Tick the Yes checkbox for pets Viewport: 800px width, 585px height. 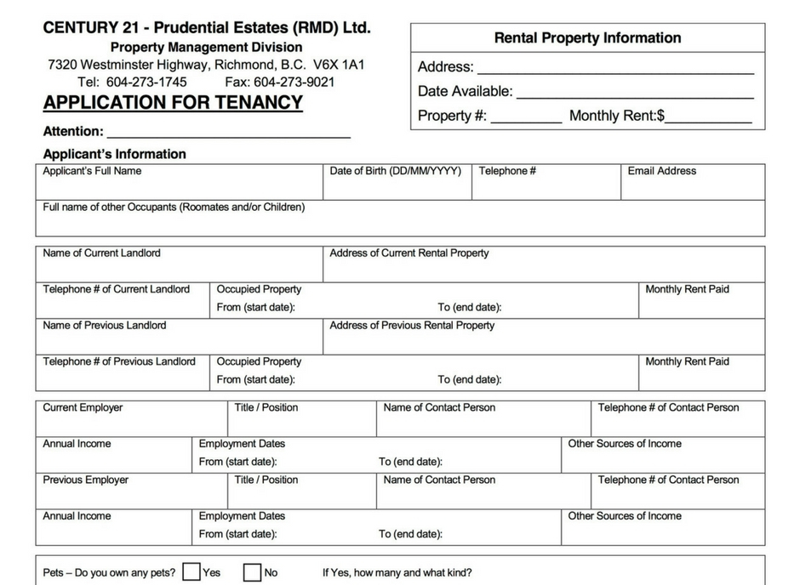click(x=191, y=572)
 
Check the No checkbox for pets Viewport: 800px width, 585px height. click(x=252, y=572)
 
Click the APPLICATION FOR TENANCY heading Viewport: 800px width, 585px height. click(x=173, y=103)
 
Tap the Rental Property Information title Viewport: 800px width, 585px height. click(x=587, y=38)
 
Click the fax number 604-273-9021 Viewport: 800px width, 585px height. click(x=294, y=82)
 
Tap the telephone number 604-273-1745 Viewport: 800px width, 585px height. click(x=146, y=82)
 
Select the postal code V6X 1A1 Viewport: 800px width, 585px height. click(x=339, y=65)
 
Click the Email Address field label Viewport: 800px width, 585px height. click(x=661, y=171)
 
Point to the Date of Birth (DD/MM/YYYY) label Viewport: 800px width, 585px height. click(x=396, y=171)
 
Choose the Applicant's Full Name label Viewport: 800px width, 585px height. click(x=92, y=171)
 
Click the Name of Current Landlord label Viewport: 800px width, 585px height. click(x=101, y=253)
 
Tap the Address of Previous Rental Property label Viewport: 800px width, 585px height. click(x=412, y=326)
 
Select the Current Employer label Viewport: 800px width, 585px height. click(x=83, y=408)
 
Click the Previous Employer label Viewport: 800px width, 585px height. click(x=86, y=480)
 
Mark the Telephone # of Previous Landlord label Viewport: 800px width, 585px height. click(x=119, y=362)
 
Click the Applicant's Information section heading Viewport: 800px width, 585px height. click(x=114, y=154)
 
